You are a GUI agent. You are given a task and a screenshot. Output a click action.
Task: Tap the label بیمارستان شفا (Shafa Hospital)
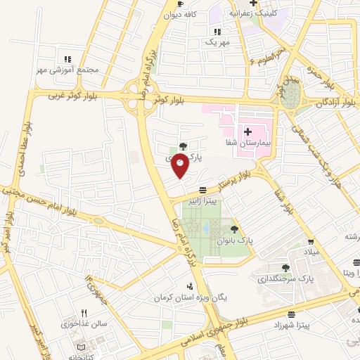coord(267,143)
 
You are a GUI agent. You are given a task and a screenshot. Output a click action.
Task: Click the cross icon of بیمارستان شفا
coord(247,131)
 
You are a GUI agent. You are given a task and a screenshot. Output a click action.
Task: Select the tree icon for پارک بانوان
coord(233,229)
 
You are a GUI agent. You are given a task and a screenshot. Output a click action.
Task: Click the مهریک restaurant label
coord(218,42)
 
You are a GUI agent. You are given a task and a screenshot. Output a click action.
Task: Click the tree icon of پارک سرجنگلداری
coord(285,268)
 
